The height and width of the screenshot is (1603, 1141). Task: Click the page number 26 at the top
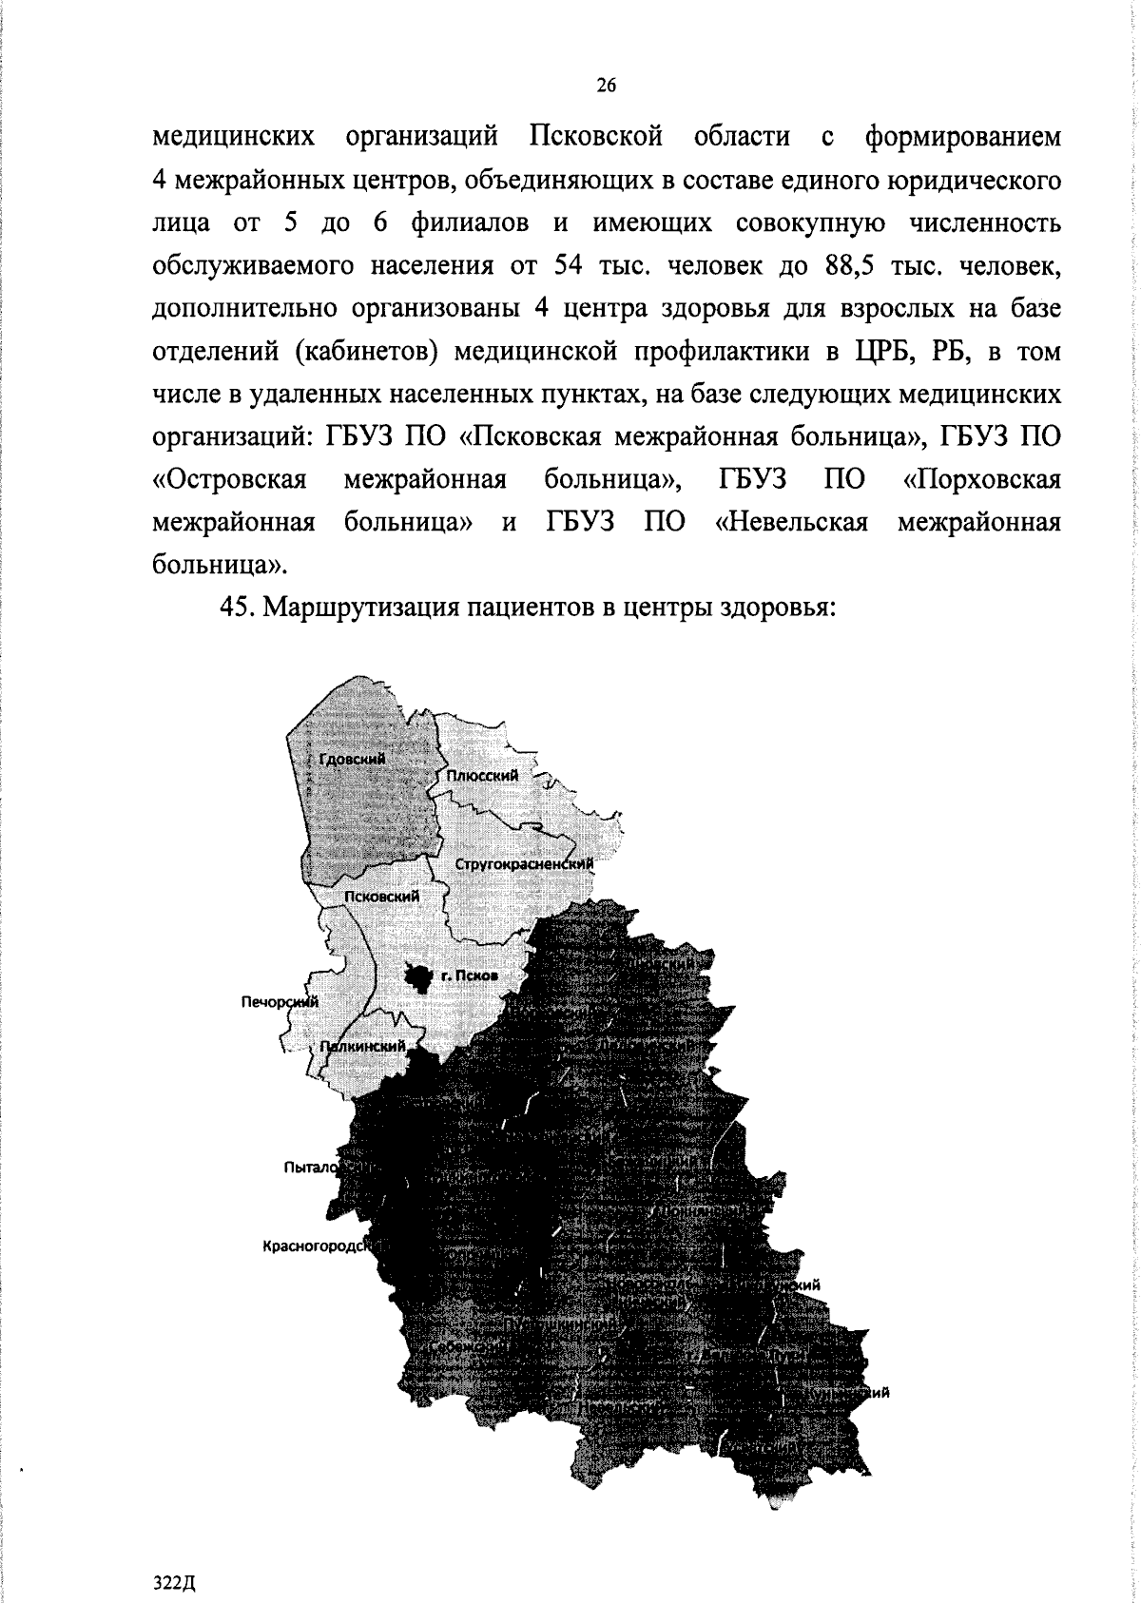[606, 87]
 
